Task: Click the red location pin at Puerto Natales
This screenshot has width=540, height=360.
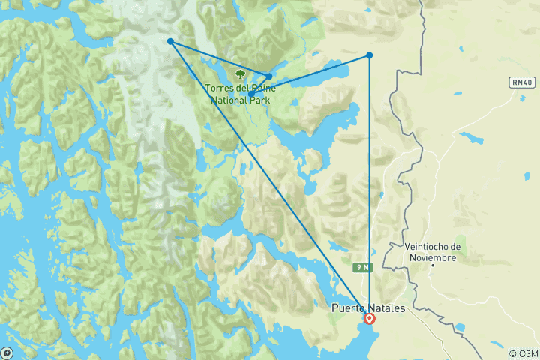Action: [369, 318]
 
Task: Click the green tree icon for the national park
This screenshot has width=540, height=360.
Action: [240, 74]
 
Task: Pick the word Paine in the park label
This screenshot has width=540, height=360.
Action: [262, 88]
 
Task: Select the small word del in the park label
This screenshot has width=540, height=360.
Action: [241, 88]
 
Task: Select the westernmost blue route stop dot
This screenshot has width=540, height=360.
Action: [171, 41]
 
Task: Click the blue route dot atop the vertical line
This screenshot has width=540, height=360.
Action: [370, 55]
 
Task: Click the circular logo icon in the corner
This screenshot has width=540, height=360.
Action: [7, 352]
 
